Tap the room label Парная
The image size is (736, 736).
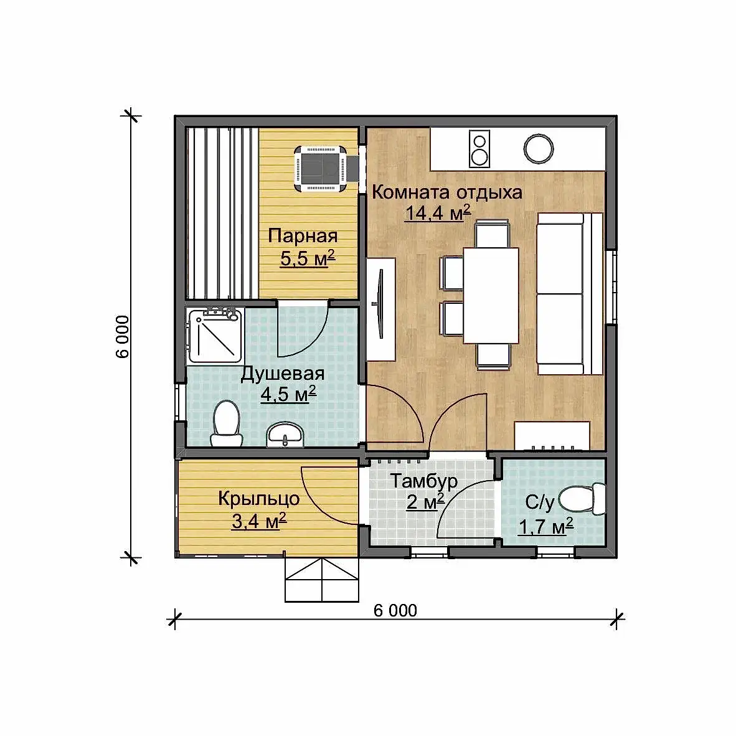pyautogui.click(x=303, y=235)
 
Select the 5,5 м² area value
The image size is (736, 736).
pyautogui.click(x=308, y=258)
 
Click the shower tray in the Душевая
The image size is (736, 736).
pyautogui.click(x=215, y=335)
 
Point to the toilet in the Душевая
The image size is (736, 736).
pyautogui.click(x=226, y=423)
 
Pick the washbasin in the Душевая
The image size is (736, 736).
pyautogui.click(x=285, y=434)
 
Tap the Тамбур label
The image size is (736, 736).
pyautogui.click(x=423, y=481)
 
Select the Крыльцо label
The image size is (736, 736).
pyautogui.click(x=258, y=499)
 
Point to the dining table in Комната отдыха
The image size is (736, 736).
pyautogui.click(x=491, y=296)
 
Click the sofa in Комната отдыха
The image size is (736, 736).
pyautogui.click(x=569, y=294)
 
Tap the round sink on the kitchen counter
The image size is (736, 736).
pyautogui.click(x=539, y=149)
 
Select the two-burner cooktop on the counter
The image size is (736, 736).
pyautogui.click(x=479, y=149)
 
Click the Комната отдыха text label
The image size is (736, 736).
pyautogui.click(x=447, y=192)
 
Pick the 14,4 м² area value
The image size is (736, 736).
pyautogui.click(x=438, y=212)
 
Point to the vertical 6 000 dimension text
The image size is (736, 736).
pyautogui.click(x=122, y=336)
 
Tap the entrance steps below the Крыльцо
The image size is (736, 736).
pyautogui.click(x=322, y=580)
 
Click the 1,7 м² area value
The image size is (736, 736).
pyautogui.click(x=546, y=527)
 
